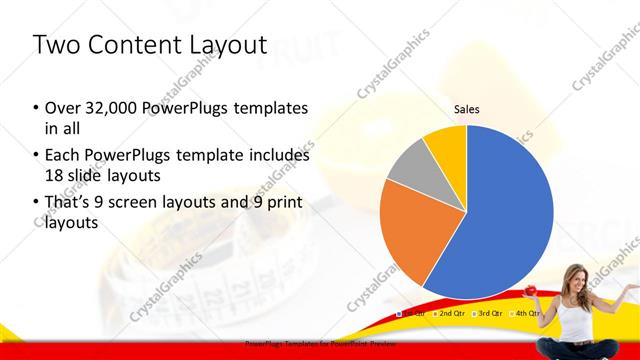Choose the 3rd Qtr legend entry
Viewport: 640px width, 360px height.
(x=489, y=313)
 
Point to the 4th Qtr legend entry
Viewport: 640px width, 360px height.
(x=526, y=313)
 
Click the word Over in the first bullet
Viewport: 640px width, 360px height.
(x=62, y=108)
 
